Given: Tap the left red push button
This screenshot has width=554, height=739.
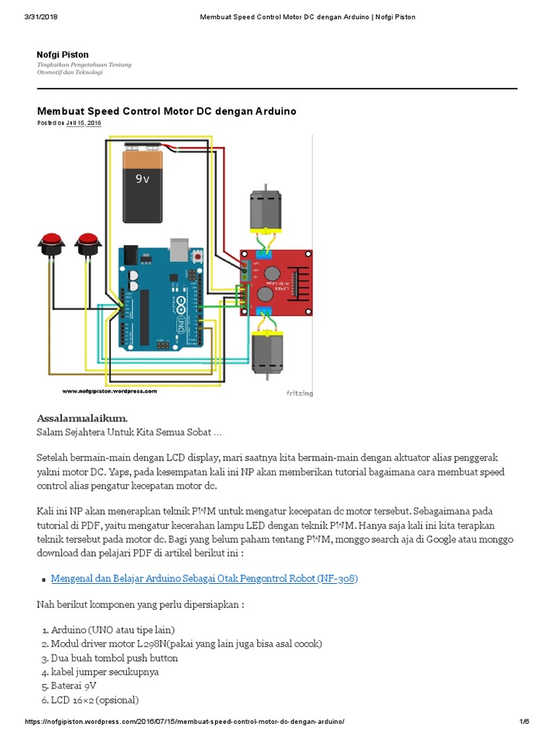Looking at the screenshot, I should (x=50, y=242).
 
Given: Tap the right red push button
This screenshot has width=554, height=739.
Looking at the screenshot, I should (x=87, y=242).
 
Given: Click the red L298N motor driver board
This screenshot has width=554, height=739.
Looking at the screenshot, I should (x=277, y=282).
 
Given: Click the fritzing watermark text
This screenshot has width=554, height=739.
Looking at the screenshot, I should (x=300, y=393).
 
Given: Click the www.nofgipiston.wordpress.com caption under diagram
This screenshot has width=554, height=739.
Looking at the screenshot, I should (x=109, y=391).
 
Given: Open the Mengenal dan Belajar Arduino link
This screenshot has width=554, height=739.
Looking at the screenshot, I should (x=205, y=579).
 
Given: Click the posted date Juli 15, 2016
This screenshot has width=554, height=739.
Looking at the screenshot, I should (x=84, y=123).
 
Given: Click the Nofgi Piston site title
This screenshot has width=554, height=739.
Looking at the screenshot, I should (x=63, y=55).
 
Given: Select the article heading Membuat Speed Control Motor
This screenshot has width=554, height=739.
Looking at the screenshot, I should (x=167, y=111).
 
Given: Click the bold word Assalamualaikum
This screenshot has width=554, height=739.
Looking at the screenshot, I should (x=82, y=419).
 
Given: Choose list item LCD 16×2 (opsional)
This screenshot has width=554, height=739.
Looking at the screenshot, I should (x=94, y=700).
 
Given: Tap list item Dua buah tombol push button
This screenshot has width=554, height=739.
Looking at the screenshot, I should (x=114, y=658).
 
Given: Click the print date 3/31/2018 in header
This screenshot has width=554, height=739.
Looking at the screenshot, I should (x=41, y=17).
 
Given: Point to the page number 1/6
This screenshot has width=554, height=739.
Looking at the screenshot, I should (x=524, y=722).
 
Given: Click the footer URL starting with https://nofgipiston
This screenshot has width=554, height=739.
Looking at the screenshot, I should (x=185, y=722).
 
